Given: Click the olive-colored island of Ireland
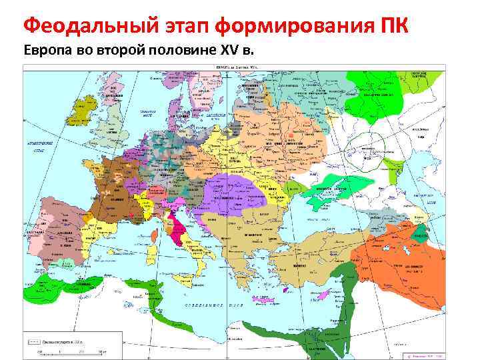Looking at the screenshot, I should coord(85,110).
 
